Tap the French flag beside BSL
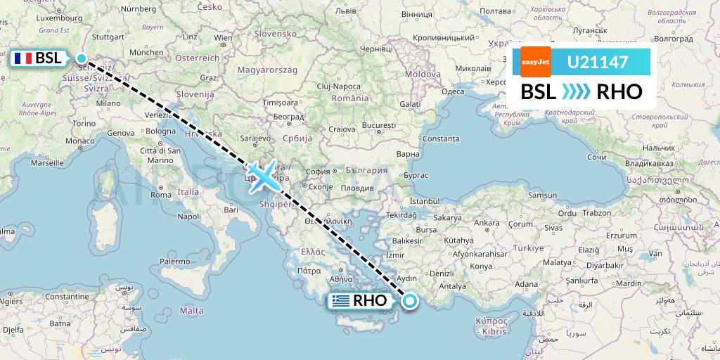(x=23, y=59)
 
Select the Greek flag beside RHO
(x=341, y=301)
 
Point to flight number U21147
(x=598, y=63)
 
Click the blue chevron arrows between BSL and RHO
(x=576, y=91)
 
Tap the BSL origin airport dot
(x=81, y=59)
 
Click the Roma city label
(x=161, y=194)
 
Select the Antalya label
(x=452, y=286)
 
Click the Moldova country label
(x=422, y=74)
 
